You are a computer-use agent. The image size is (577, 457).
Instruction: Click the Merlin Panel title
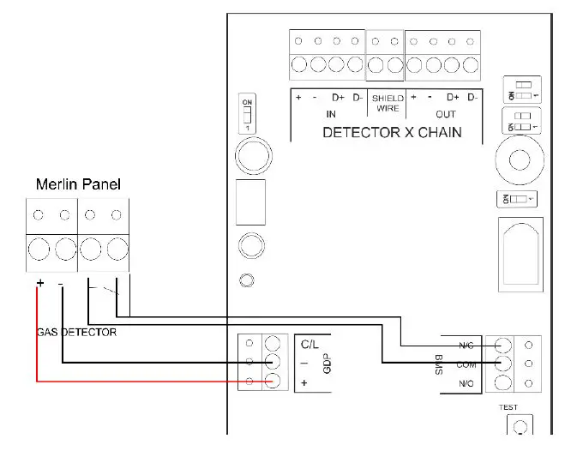point(78,184)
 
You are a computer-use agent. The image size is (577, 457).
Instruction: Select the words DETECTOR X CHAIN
point(391,132)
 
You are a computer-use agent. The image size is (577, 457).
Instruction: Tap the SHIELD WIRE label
point(388,103)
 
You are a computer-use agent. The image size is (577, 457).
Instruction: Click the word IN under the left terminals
point(331,114)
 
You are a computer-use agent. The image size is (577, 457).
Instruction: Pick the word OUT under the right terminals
point(446,114)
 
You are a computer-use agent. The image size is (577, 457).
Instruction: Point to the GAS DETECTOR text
point(76,331)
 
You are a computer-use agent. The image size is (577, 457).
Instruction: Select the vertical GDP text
point(326,364)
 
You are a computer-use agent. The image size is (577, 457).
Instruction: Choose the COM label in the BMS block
point(466,364)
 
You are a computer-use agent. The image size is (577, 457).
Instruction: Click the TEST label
point(508,407)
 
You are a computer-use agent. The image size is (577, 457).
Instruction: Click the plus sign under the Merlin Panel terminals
point(39,284)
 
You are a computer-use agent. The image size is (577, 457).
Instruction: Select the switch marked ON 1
point(248,114)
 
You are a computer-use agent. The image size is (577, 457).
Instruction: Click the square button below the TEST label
point(520,425)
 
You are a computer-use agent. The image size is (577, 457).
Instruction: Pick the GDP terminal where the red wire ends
point(273,382)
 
